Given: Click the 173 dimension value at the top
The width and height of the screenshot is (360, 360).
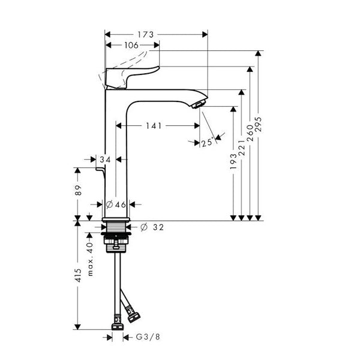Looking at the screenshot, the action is click(145, 35).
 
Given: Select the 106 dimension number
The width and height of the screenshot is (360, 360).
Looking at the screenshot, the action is click(131, 45).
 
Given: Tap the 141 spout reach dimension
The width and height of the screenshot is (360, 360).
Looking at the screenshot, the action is click(154, 126).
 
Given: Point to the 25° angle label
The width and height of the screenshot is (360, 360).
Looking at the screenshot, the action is click(208, 142).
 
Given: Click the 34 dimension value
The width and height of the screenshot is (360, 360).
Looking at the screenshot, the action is click(105, 160).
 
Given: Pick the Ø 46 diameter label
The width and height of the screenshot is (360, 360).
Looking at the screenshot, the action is click(116, 205).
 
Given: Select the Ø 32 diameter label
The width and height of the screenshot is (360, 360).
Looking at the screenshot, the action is click(152, 227).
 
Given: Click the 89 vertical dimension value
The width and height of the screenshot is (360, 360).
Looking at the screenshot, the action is click(78, 190).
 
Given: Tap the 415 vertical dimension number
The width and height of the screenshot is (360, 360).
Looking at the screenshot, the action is click(78, 275).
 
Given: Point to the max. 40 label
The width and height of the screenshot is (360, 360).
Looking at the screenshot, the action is click(90, 259).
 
